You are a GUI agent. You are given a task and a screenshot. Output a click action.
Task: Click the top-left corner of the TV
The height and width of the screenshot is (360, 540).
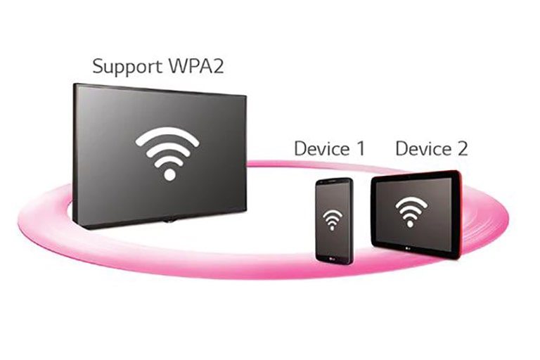tap(75, 85)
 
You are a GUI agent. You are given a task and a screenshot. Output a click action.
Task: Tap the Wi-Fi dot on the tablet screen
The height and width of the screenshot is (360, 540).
tap(411, 223)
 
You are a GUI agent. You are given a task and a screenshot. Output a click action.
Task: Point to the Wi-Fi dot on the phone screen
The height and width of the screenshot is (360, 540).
tap(330, 229)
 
